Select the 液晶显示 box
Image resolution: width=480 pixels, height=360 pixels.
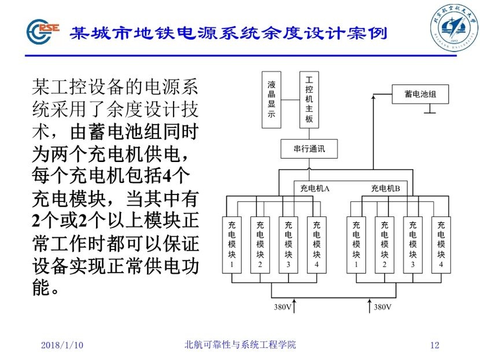[x=271, y=99]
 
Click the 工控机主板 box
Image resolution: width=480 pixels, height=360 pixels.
[x=309, y=99]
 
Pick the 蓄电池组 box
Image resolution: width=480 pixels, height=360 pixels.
[x=420, y=94]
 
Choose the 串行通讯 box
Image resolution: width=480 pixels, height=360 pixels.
[x=309, y=149]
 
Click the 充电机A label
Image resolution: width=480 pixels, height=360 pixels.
[x=315, y=188]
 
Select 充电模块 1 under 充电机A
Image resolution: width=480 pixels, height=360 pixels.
[x=232, y=245]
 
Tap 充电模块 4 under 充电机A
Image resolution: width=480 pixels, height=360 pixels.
[x=316, y=245]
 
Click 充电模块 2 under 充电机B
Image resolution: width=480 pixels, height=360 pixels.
[x=385, y=245]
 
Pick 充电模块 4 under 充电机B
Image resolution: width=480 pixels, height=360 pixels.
[x=441, y=245]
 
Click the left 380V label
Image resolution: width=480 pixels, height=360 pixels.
[x=283, y=307]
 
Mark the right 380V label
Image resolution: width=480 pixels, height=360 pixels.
[x=383, y=307]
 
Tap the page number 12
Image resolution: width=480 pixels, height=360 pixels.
[x=435, y=346]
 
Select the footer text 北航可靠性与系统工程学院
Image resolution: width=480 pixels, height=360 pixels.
[x=239, y=345]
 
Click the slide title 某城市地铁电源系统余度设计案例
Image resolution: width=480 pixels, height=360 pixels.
[x=228, y=32]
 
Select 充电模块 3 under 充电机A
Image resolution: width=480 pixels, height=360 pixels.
[x=288, y=245]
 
